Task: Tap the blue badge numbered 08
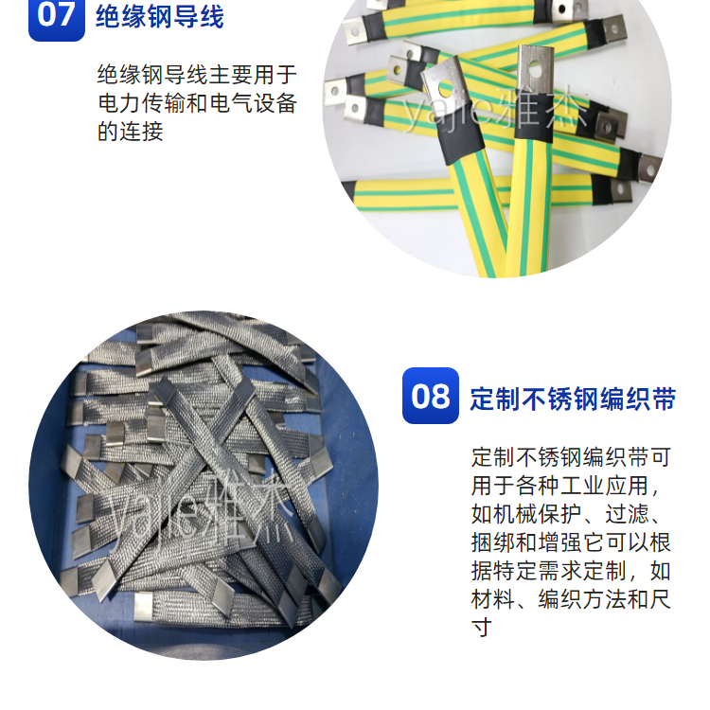(430, 396)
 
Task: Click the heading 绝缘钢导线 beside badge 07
(160, 17)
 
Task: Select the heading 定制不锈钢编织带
(573, 399)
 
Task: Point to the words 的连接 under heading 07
(131, 132)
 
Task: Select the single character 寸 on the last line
(482, 628)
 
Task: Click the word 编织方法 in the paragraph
(582, 599)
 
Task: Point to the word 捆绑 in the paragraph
(493, 542)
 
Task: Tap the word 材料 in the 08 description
(493, 599)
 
